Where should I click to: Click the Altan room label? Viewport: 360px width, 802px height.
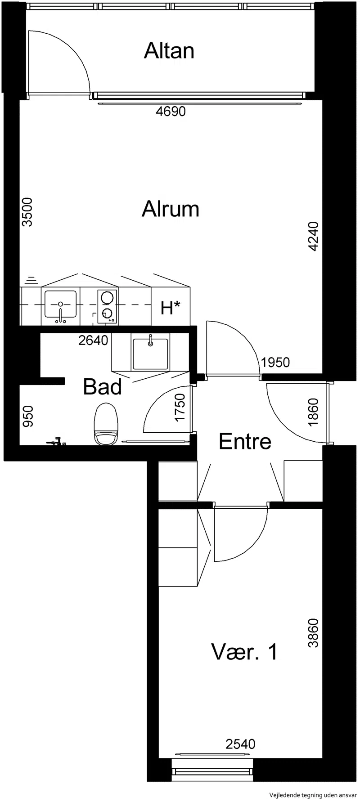(x=169, y=51)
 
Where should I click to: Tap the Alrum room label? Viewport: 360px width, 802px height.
(x=170, y=209)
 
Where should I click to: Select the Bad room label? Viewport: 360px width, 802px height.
(x=103, y=386)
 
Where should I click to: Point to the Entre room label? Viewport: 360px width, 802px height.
(x=245, y=442)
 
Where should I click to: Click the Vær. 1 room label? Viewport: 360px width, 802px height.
(x=245, y=652)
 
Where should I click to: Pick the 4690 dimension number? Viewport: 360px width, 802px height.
(x=171, y=111)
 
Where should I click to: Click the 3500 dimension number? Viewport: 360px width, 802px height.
(x=27, y=212)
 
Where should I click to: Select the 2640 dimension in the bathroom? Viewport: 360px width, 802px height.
(x=93, y=341)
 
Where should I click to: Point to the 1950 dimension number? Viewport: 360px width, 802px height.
(x=275, y=362)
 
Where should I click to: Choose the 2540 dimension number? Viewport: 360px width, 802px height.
(x=240, y=744)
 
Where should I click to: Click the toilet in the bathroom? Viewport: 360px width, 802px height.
(x=106, y=424)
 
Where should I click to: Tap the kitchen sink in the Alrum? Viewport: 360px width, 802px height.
(x=60, y=306)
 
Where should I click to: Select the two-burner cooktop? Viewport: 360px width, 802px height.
(x=107, y=306)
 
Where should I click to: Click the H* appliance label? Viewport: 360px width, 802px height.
(x=171, y=308)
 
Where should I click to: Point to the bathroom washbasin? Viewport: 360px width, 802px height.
(x=150, y=353)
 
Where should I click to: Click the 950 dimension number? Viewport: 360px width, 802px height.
(x=27, y=417)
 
